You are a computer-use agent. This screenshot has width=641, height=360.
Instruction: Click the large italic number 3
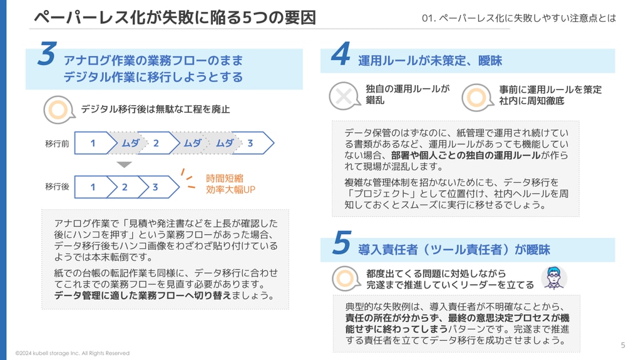(x=47, y=54)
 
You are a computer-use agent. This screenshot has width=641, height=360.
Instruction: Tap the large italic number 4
(x=341, y=54)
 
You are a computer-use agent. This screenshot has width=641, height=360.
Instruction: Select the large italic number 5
(x=342, y=242)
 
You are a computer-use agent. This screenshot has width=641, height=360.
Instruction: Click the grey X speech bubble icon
(x=344, y=96)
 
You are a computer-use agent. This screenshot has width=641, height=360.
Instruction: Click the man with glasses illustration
(x=554, y=278)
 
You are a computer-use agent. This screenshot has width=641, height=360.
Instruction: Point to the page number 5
(x=623, y=345)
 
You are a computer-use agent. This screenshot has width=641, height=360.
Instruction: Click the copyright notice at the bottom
(x=73, y=353)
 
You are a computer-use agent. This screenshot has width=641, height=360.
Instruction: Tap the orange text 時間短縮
(x=225, y=178)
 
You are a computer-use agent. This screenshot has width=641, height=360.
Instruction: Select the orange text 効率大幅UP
(x=230, y=190)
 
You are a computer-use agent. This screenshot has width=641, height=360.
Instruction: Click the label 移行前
(x=57, y=143)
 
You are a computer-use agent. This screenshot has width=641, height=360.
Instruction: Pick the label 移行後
(x=57, y=187)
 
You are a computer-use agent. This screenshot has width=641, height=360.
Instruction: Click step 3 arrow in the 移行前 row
(x=254, y=143)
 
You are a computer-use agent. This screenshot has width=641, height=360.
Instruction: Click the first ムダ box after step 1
(x=128, y=143)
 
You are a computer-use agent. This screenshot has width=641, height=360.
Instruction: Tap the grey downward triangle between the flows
(x=125, y=165)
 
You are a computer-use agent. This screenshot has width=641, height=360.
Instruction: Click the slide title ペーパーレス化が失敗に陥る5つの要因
(x=175, y=18)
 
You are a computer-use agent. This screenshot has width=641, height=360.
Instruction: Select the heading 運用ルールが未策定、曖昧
(x=430, y=61)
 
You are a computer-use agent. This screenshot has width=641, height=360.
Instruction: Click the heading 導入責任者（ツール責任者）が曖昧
(x=454, y=250)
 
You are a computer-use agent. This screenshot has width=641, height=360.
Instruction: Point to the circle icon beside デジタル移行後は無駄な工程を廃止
(x=59, y=110)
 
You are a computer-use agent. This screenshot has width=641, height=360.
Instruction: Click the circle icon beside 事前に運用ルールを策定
(x=477, y=98)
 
